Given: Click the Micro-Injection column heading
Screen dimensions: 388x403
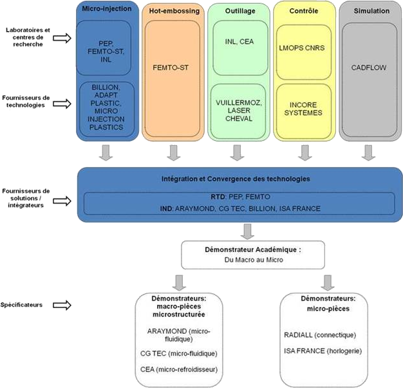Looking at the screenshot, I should pyautogui.click(x=107, y=10).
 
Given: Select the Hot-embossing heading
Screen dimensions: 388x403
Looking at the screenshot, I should pyautogui.click(x=172, y=12).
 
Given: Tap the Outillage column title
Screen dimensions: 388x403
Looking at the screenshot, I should pyautogui.click(x=238, y=12).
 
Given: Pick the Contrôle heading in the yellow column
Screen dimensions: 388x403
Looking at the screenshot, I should pyautogui.click(x=303, y=12).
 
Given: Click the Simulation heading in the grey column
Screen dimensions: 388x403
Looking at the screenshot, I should pyautogui.click(x=368, y=12).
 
